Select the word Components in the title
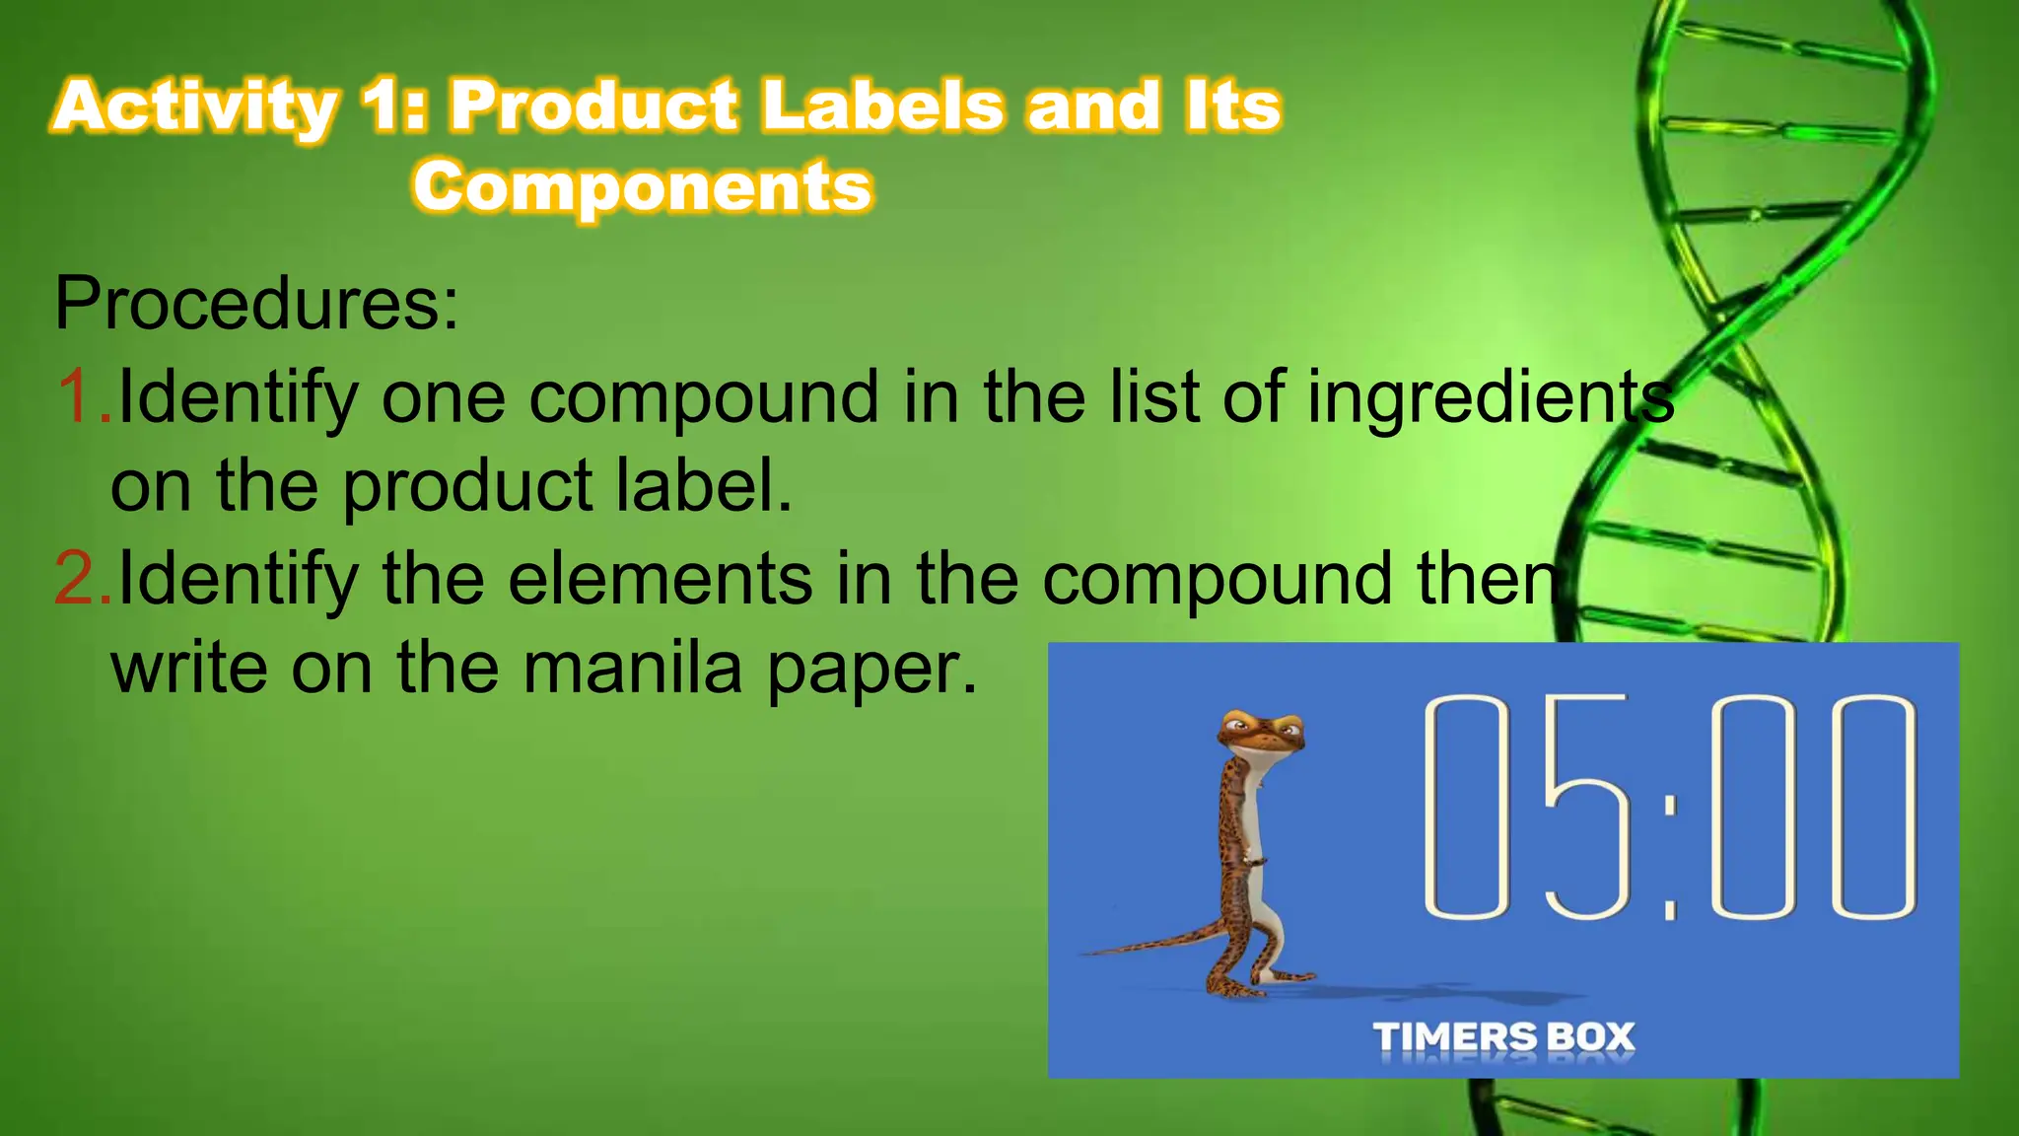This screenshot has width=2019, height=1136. (643, 186)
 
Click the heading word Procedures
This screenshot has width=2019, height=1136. (256, 303)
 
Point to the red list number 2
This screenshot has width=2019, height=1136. (81, 579)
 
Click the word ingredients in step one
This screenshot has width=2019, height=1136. (1490, 398)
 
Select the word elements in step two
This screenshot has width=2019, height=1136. (660, 579)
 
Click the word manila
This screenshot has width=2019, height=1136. (631, 669)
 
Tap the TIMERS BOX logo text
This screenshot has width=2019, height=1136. (1503, 1037)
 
